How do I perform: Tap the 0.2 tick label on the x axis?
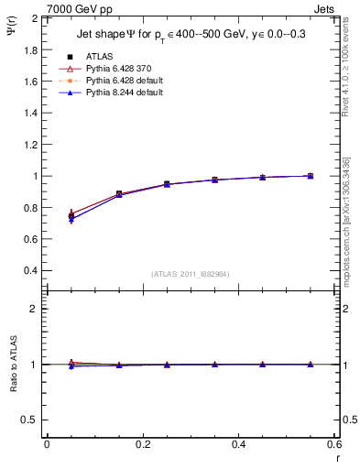point(142,444)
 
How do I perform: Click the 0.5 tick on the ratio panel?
point(30,420)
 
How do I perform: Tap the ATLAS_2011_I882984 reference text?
point(191,274)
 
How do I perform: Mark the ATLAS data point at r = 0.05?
point(71,216)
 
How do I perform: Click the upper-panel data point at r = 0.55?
point(310,176)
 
